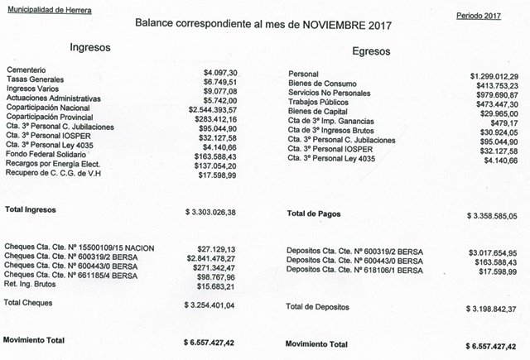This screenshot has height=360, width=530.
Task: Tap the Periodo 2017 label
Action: point(479,16)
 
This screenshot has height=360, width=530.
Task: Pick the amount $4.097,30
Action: point(221,74)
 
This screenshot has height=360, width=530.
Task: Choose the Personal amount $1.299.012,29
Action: point(486,74)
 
